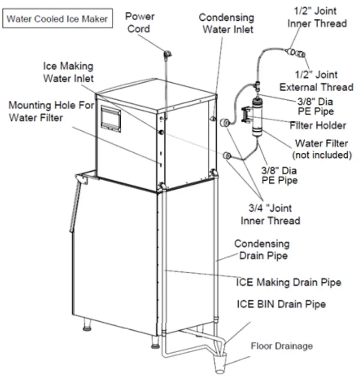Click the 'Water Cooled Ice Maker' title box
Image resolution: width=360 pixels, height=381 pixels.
(x=58, y=19)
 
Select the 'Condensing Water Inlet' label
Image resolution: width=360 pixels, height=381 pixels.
(x=226, y=24)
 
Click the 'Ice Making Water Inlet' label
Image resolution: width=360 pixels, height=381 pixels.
(x=68, y=72)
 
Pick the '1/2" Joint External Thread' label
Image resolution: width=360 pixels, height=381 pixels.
(x=316, y=80)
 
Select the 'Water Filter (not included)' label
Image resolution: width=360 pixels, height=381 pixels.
(x=322, y=149)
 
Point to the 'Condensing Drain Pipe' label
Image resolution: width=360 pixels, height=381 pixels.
(x=261, y=249)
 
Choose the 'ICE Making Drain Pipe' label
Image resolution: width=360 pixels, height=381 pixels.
(x=288, y=282)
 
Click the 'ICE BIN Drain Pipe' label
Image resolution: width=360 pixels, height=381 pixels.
(x=281, y=304)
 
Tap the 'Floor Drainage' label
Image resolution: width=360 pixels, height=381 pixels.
(x=282, y=346)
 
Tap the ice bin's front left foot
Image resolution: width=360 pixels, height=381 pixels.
(x=88, y=323)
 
